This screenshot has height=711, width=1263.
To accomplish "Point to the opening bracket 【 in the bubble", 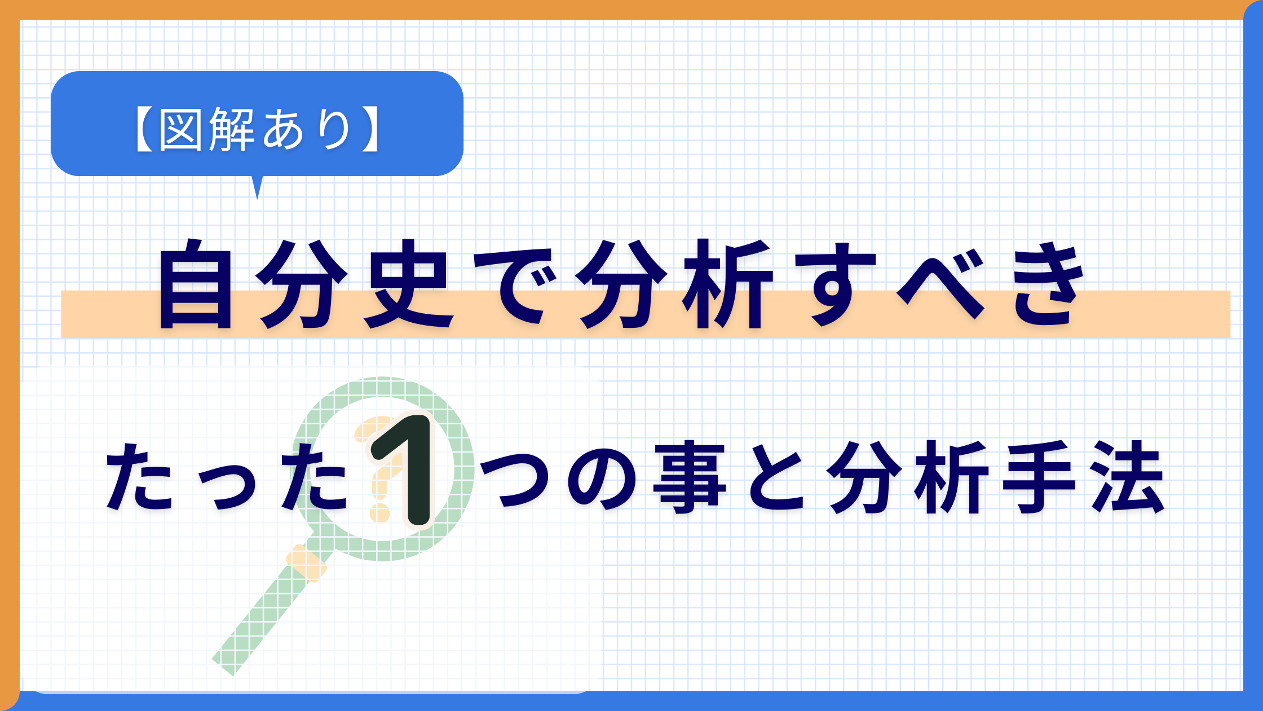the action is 144,129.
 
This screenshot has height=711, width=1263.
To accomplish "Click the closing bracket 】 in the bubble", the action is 370,129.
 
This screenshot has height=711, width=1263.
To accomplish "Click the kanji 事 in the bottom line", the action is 689,477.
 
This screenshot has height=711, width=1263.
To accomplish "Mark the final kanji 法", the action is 1128,477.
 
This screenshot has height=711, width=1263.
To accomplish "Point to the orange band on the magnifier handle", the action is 306,563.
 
